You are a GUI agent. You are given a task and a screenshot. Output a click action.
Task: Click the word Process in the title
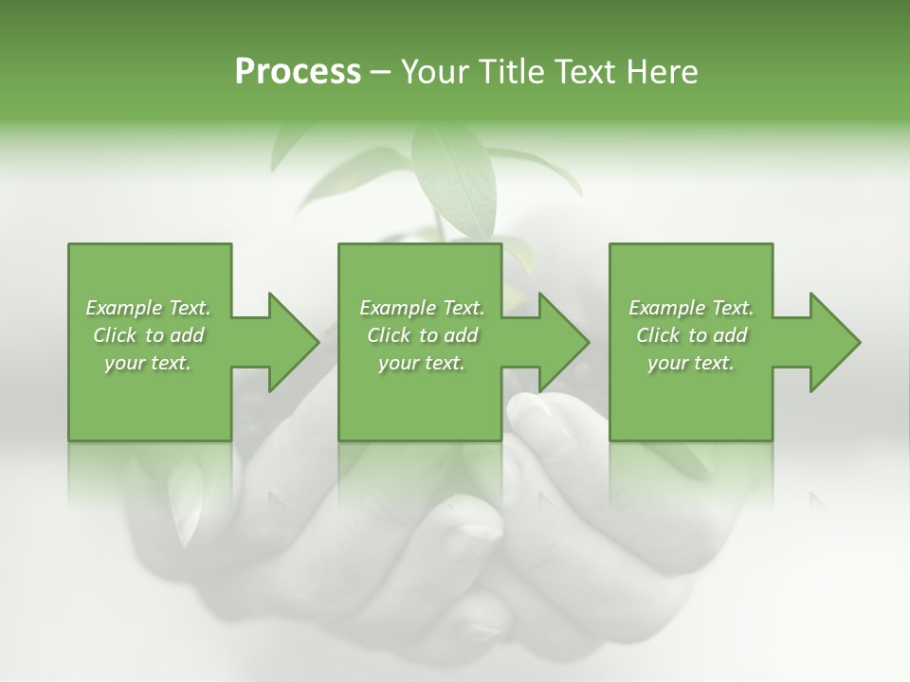298,72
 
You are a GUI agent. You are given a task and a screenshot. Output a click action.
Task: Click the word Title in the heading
509,72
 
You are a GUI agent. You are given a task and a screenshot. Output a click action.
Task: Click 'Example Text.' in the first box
148,308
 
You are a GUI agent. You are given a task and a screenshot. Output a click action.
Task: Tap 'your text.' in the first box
148,363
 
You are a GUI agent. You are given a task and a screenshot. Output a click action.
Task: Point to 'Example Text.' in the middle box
422,308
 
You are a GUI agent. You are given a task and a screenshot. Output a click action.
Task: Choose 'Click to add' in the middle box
422,335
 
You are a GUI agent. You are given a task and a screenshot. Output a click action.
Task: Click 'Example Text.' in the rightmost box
691,308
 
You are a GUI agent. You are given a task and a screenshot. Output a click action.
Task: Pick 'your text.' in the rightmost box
691,363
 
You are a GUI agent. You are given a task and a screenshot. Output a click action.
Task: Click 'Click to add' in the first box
148,335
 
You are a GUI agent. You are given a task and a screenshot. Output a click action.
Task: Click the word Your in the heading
432,72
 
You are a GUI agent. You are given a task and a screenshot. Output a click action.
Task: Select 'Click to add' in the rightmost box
691,335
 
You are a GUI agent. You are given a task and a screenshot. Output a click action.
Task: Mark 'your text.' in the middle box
422,363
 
